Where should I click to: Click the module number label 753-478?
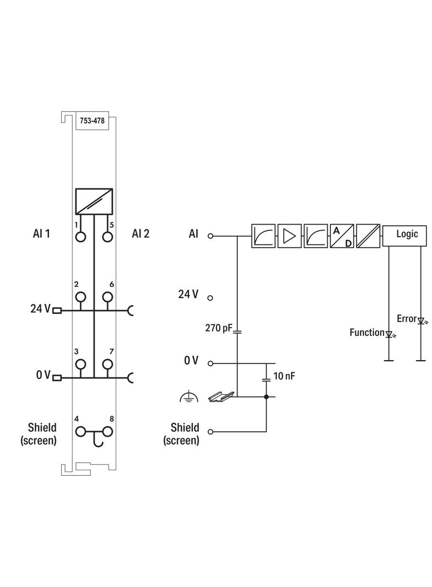click(92, 121)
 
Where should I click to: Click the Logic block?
click(407, 234)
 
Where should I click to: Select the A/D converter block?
click(342, 236)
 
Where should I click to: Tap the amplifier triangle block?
click(289, 236)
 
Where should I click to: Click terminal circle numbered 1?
click(81, 237)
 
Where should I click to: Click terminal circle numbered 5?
click(107, 237)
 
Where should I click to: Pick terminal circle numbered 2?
click(81, 297)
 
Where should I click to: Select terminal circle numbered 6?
click(107, 297)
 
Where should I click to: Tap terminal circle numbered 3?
click(81, 364)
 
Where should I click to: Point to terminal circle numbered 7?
click(107, 364)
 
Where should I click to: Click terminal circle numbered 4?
click(81, 432)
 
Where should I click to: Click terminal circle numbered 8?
click(107, 432)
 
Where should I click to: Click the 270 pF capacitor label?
click(219, 328)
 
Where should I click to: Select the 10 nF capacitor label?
click(284, 377)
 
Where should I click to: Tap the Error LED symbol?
click(422, 320)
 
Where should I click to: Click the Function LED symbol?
click(389, 334)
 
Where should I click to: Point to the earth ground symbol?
click(188, 396)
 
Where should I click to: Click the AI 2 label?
click(141, 234)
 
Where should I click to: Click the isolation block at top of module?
click(94, 202)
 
